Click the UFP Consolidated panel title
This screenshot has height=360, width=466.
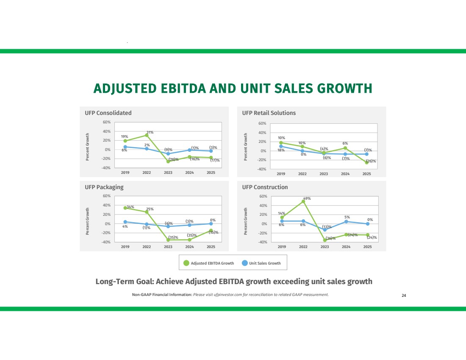pyautogui.click(x=108, y=113)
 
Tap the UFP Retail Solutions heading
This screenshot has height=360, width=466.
pyautogui.click(x=269, y=113)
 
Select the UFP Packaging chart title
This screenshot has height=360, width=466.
pyautogui.click(x=104, y=187)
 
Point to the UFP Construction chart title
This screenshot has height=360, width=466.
pyautogui.click(x=265, y=187)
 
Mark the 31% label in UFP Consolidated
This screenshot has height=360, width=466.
pyautogui.click(x=150, y=132)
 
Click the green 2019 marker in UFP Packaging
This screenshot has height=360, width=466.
pyautogui.click(x=125, y=208)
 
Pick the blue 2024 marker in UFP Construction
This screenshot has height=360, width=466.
pyautogui.click(x=346, y=221)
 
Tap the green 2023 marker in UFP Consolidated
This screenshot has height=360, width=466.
pyautogui.click(x=168, y=162)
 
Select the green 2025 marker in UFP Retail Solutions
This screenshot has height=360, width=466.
pyautogui.click(x=367, y=162)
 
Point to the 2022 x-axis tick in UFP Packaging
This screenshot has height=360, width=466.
pyautogui.click(x=147, y=247)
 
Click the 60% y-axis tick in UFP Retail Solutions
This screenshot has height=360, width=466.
pyautogui.click(x=261, y=123)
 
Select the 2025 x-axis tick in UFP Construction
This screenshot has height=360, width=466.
pyautogui.click(x=367, y=247)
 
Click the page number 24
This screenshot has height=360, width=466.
pyautogui.click(x=404, y=296)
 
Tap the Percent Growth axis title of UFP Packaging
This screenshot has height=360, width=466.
pyautogui.click(x=88, y=221)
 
